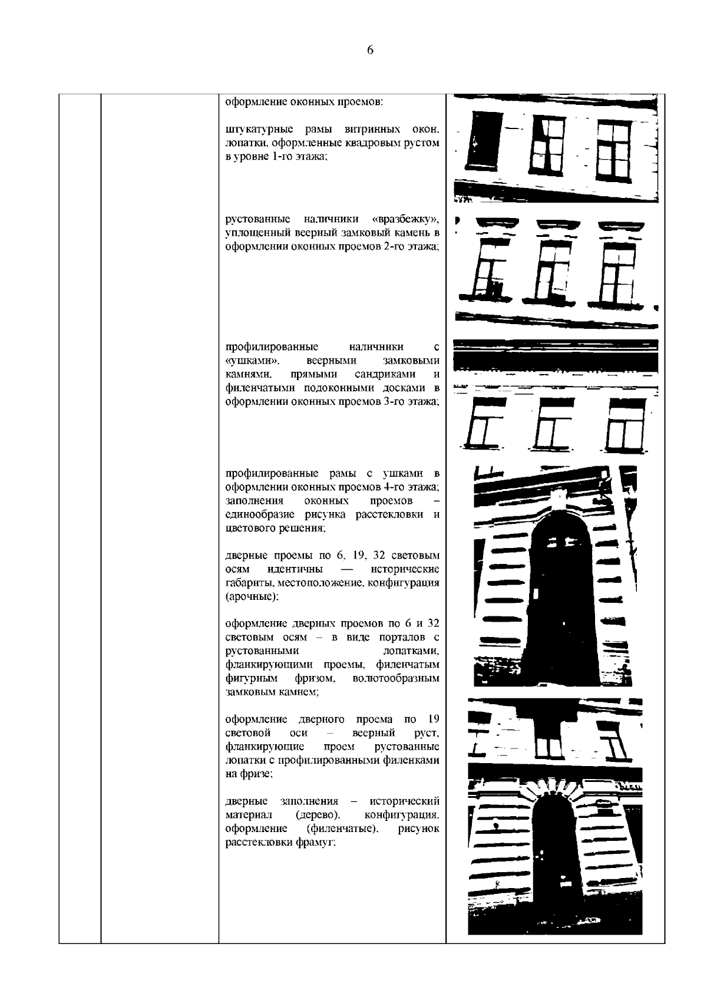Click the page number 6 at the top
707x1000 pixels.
[370, 51]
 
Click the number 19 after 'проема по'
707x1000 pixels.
[433, 720]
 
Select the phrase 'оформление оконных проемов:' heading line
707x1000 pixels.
[305, 101]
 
